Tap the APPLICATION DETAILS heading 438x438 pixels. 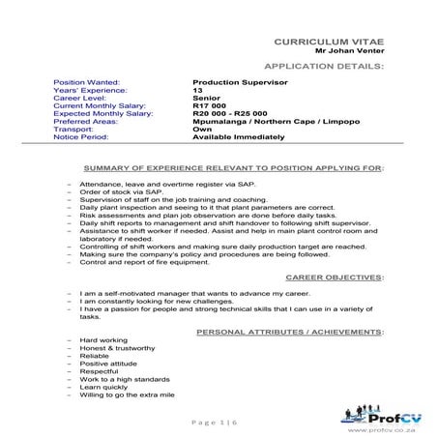coord(323,69)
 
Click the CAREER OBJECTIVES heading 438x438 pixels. coord(332,276)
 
